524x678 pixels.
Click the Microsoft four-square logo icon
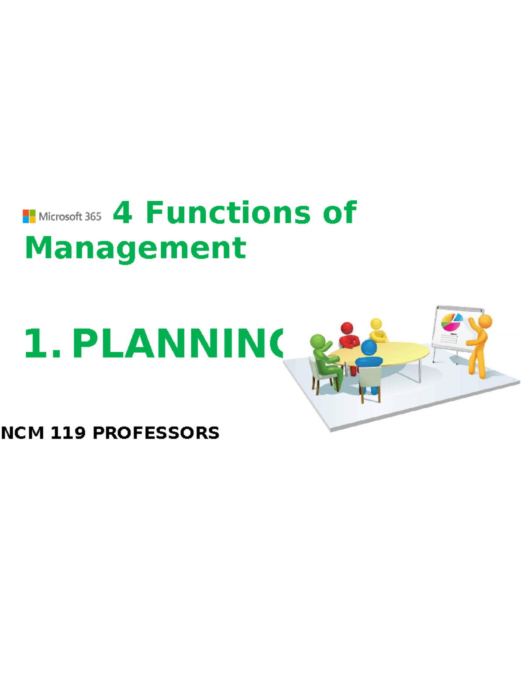pos(29,216)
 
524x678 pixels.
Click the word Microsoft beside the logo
pos(60,216)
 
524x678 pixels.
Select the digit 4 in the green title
pos(123,213)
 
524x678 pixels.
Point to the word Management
pos(135,248)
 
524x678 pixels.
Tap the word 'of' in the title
pos(340,213)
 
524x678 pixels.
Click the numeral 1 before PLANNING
pos(37,344)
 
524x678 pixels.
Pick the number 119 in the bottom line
pos(68,433)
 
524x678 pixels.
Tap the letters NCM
pos(23,433)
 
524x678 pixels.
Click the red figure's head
pos(347,328)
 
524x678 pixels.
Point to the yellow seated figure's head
pos(376,324)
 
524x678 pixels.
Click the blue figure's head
pos(369,348)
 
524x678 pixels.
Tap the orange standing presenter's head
pos(485,321)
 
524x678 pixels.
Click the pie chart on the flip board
pos(452,322)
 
